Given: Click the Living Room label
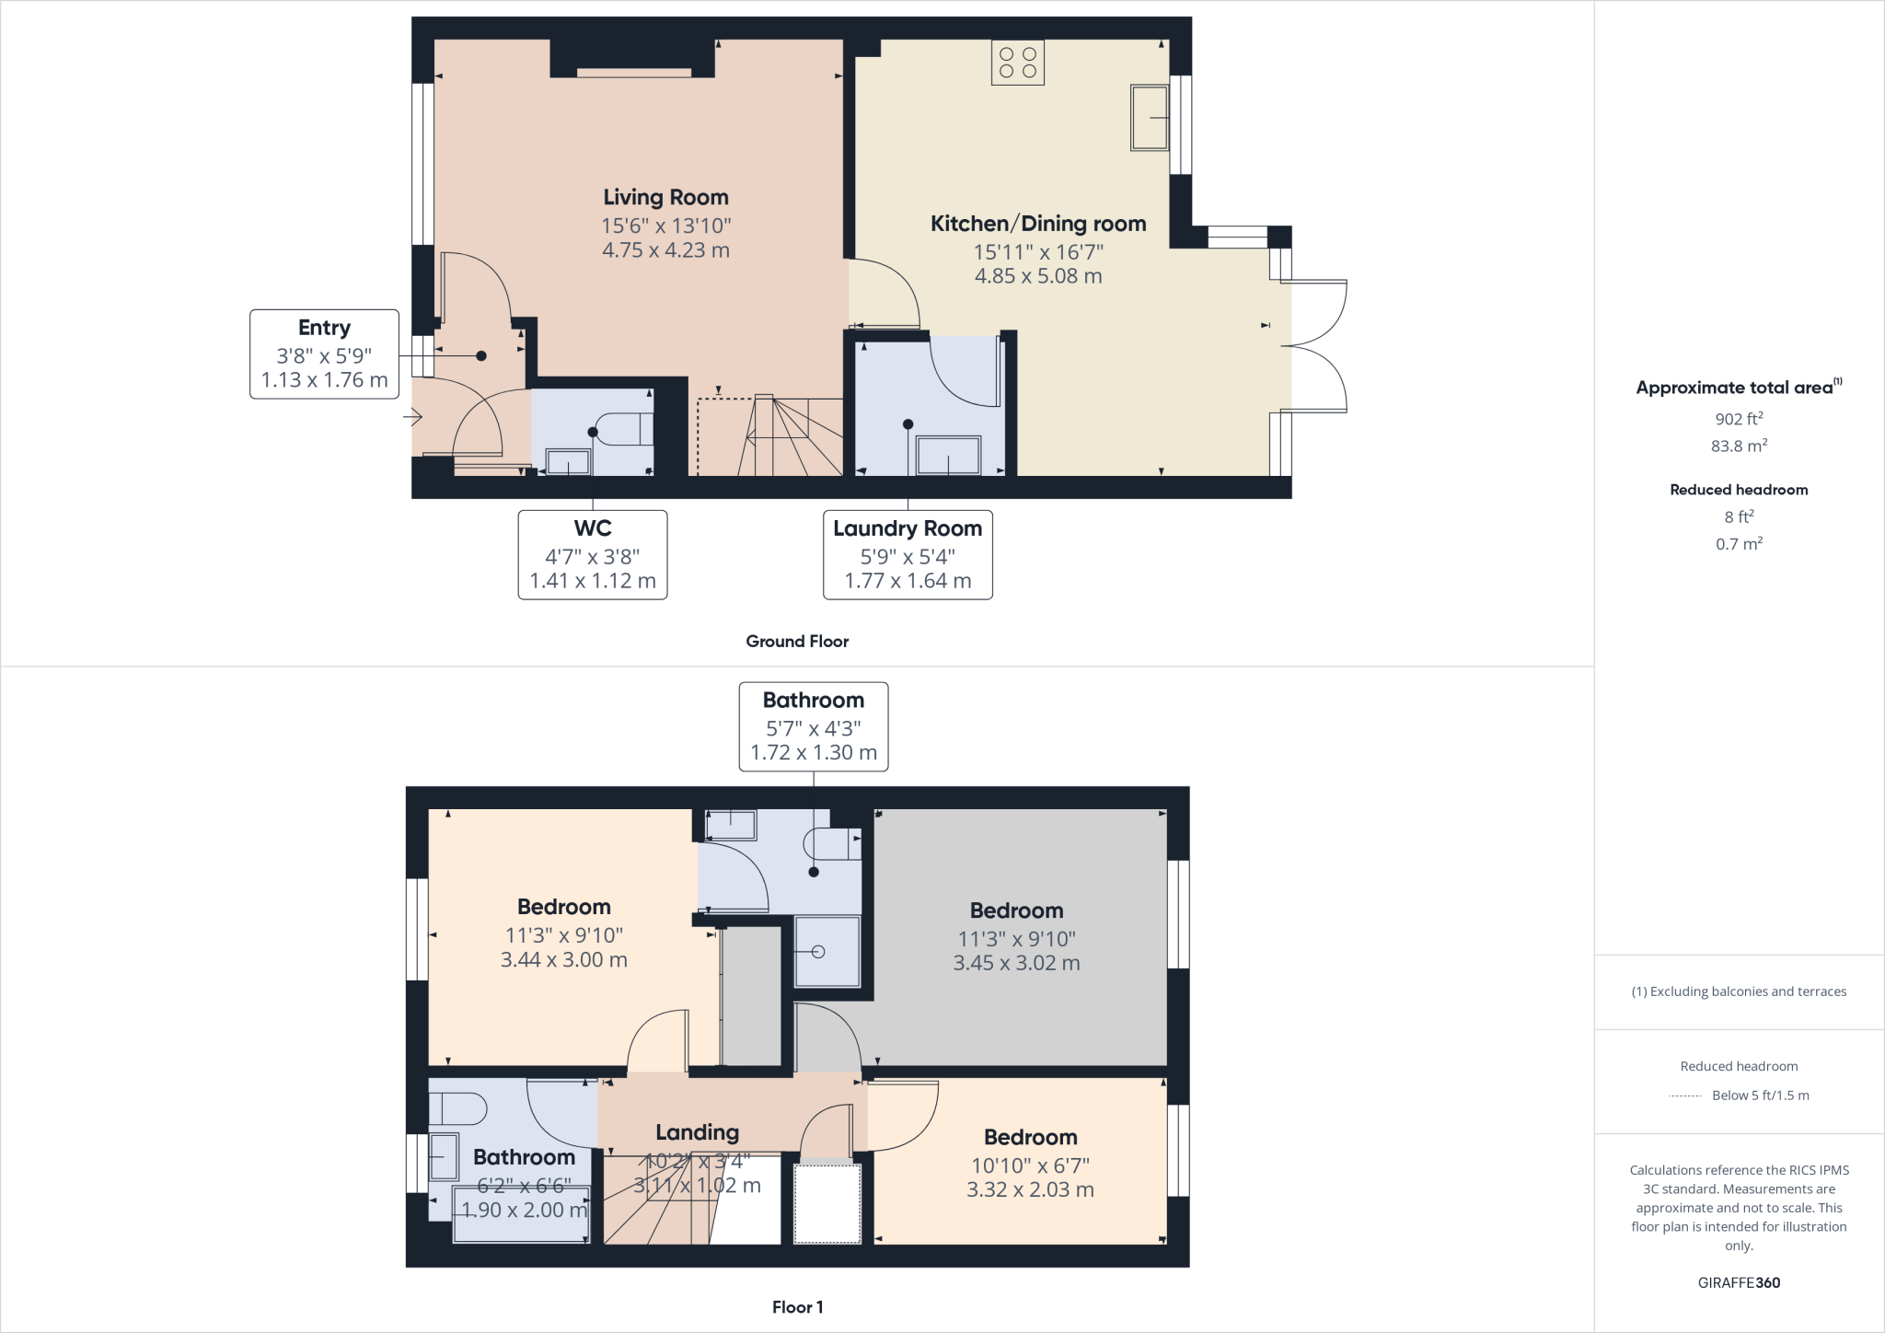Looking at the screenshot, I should tap(665, 197).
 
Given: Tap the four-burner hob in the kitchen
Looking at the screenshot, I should tap(1017, 63).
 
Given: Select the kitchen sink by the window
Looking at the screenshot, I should tap(1149, 117).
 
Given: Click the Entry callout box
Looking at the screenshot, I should tap(324, 354).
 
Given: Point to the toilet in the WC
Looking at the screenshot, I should tap(622, 429).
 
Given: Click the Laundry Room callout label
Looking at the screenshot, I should tap(907, 528).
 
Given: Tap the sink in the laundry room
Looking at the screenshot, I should tap(947, 456).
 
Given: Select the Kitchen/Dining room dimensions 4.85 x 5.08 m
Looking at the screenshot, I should tap(1037, 276).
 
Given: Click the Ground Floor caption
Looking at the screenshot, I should tap(796, 642).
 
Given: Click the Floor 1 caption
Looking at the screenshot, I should tap(797, 1307).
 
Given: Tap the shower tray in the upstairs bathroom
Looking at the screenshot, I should tap(827, 952).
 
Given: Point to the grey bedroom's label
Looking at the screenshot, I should tap(1016, 910).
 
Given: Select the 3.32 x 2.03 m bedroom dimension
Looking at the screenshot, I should tap(1030, 1189).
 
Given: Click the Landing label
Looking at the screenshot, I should tap(697, 1132).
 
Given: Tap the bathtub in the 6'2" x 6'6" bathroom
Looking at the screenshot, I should tap(521, 1215).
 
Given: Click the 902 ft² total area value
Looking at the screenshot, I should tap(1739, 419).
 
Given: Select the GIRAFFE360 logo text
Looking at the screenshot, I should tap(1739, 1282).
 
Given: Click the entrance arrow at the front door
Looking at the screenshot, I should tap(411, 419).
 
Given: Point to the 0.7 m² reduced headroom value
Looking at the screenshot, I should tap(1739, 544).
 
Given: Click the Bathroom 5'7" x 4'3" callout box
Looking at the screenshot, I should tap(813, 725).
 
